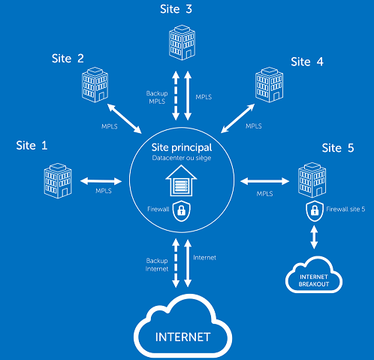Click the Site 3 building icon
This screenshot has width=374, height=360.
coord(182,42)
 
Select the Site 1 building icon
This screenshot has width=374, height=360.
coord(58,180)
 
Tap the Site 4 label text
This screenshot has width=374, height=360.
coord(307,62)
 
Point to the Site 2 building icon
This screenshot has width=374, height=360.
coord(95,85)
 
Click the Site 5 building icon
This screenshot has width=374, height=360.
coord(312,180)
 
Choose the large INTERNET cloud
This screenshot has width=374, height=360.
coord(183,326)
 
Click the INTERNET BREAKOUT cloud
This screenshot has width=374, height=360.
coord(314,274)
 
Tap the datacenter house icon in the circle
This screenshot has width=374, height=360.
coord(181,180)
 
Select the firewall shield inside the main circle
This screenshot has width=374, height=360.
coord(182,211)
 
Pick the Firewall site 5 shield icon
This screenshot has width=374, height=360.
coord(315,211)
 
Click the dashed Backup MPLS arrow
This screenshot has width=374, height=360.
coord(176,95)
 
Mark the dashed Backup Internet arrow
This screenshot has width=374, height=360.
coord(176,263)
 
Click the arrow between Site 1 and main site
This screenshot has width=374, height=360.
coord(101,181)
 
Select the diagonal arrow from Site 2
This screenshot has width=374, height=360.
coord(125,119)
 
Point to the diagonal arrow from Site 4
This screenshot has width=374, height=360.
coord(238,118)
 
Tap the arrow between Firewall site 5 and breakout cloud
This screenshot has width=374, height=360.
coord(314,237)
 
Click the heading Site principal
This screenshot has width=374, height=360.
coord(182,148)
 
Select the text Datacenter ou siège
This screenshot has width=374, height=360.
coord(182,158)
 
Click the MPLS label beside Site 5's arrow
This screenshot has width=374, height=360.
coord(264,194)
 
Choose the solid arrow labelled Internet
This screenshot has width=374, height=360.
coord(188,263)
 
